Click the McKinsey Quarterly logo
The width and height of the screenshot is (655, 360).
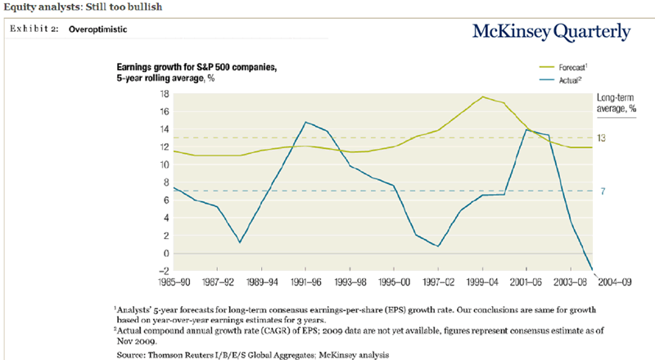552,32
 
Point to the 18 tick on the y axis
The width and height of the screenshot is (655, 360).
165,95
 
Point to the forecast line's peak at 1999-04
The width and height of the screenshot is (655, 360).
483,97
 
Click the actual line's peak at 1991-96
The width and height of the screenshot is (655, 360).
305,122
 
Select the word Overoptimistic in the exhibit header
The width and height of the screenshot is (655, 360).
97,29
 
